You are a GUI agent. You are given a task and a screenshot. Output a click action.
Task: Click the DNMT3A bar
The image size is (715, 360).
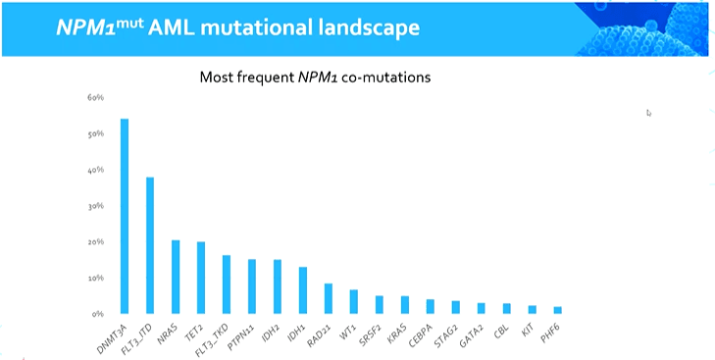click(x=125, y=216)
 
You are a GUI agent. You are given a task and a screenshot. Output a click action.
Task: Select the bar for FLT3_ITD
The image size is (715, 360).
click(x=150, y=245)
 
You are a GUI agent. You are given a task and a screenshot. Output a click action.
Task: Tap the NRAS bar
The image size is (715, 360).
click(x=176, y=277)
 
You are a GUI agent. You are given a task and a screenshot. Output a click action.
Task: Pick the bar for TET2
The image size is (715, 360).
click(x=201, y=278)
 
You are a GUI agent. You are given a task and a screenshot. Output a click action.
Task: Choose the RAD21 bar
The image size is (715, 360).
click(x=329, y=299)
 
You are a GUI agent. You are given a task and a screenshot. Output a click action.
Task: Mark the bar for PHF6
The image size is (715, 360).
click(x=558, y=310)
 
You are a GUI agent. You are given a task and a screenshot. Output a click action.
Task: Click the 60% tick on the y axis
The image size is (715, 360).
click(x=95, y=98)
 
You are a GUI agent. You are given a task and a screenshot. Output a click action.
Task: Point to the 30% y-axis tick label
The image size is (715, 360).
click(x=96, y=206)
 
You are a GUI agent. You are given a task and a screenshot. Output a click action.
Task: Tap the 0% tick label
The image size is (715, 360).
click(x=97, y=314)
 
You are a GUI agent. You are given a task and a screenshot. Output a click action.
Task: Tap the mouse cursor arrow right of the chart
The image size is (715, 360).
click(x=648, y=113)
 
